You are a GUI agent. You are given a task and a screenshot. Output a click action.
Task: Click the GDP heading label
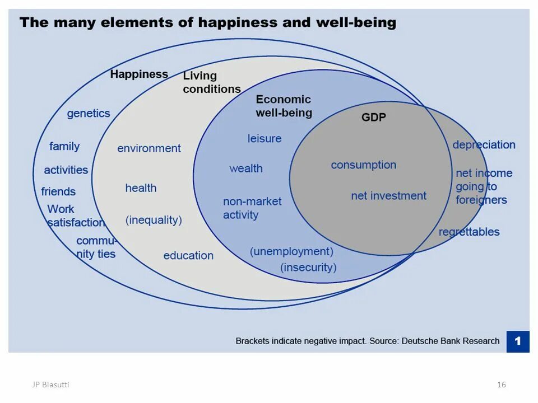373,118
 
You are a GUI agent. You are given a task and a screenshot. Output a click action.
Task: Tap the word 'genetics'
89,113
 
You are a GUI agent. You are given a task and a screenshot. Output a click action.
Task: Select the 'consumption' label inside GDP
363,165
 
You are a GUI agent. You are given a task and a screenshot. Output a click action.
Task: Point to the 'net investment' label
388,196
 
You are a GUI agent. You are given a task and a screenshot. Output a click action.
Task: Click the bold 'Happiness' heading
139,74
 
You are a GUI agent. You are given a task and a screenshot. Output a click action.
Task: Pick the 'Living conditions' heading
211,82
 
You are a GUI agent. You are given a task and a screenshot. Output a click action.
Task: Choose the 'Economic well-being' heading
284,106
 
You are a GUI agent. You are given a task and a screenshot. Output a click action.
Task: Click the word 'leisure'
265,138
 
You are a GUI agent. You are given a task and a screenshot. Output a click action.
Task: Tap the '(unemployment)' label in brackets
291,251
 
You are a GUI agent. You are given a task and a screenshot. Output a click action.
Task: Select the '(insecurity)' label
308,267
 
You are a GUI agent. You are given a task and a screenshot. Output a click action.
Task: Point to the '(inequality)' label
154,220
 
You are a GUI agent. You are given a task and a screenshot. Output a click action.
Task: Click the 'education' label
188,255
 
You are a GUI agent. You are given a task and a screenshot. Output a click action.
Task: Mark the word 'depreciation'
484,144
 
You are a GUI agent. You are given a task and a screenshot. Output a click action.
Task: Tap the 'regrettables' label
469,232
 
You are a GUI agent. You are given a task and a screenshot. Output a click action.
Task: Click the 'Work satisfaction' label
75,215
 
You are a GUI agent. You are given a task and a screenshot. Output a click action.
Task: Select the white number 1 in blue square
518,341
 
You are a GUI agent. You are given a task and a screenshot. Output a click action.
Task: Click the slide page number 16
501,384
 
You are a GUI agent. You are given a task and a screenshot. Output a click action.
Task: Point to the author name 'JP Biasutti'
50,384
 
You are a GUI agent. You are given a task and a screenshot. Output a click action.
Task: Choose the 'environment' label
149,148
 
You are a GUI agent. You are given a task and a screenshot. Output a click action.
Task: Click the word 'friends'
58,191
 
